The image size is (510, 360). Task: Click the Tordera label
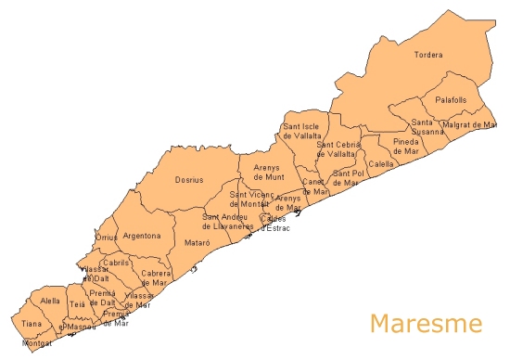click(x=427, y=55)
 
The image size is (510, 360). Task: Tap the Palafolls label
click(x=450, y=99)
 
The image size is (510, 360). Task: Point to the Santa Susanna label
click(x=427, y=127)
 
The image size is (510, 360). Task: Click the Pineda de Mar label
click(x=405, y=146)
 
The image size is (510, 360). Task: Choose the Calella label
click(x=380, y=163)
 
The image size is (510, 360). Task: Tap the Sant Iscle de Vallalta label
click(x=301, y=131)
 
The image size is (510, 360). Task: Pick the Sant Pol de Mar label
click(x=345, y=178)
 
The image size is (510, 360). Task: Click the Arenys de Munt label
click(x=269, y=172)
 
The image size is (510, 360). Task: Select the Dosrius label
click(x=189, y=180)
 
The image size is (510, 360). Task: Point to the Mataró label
click(x=198, y=242)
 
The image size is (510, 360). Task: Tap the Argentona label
click(x=142, y=236)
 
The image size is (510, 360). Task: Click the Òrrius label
click(x=107, y=238)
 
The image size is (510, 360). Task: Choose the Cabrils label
click(x=116, y=263)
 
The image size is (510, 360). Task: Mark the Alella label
click(x=50, y=301)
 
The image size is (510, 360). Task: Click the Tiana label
click(x=32, y=324)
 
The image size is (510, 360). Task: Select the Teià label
click(x=77, y=303)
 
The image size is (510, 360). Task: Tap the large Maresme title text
click(x=426, y=324)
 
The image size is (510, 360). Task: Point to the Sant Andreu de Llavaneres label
click(x=228, y=222)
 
